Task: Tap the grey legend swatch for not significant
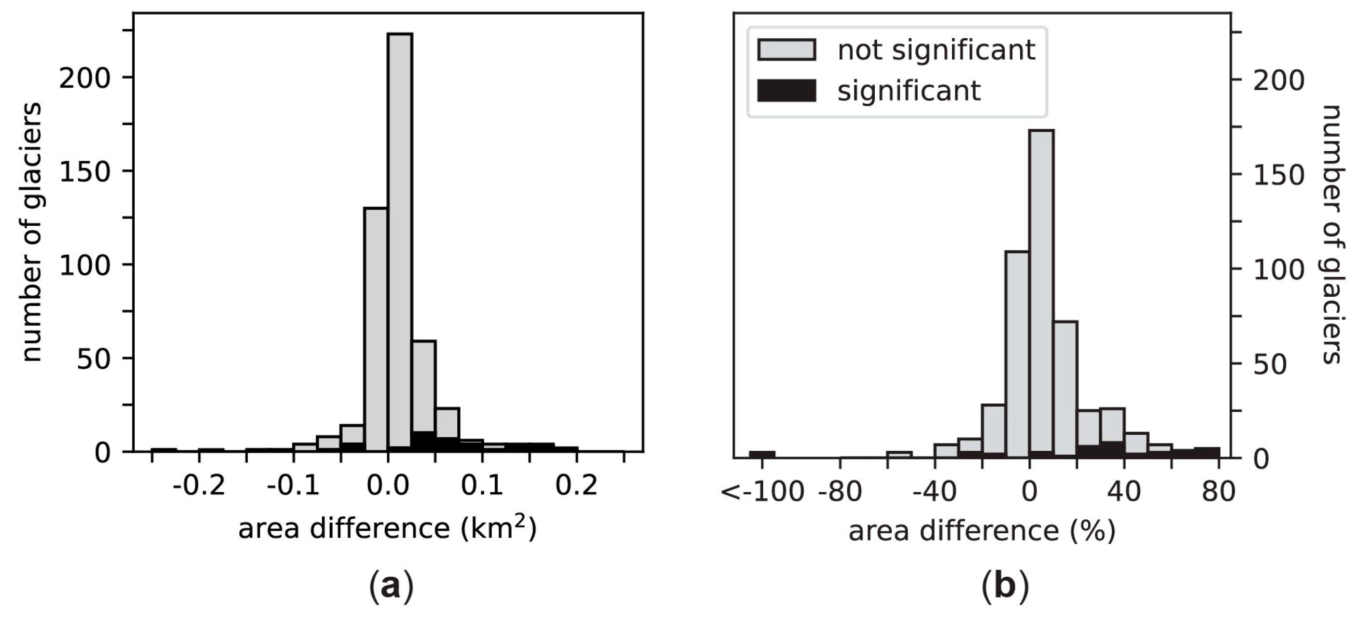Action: tap(786, 50)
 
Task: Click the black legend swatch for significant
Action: tap(786, 90)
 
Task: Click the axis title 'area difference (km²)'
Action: tap(388, 529)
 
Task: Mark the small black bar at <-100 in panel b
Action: tap(762, 454)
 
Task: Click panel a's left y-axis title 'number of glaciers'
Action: tap(32, 232)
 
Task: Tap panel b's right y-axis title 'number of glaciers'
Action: tap(1331, 235)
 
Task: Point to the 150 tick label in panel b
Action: tap(1278, 176)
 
